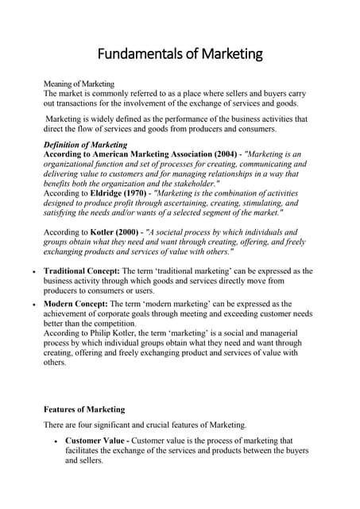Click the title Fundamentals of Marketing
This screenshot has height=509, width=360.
180,54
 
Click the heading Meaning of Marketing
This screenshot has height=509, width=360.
79,84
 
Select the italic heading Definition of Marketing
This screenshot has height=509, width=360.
85,145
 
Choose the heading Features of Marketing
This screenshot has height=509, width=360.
84,410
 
